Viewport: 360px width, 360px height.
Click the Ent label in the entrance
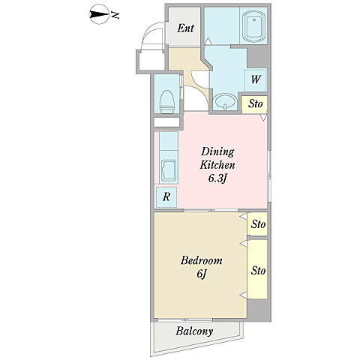tap(185, 28)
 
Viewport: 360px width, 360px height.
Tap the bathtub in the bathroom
tap(253, 26)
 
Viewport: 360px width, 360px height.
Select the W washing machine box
tap(256, 80)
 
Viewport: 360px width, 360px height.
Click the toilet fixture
tap(167, 102)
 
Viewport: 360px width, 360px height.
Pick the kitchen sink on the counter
tap(169, 171)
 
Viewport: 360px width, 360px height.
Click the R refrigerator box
tap(166, 197)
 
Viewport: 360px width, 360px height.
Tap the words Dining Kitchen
tap(217, 158)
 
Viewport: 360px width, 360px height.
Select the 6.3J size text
tap(217, 178)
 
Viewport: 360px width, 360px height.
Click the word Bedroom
tap(201, 260)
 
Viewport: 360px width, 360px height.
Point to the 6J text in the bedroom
tap(201, 274)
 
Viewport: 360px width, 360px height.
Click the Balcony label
tap(194, 331)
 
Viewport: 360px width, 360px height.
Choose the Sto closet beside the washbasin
tap(255, 103)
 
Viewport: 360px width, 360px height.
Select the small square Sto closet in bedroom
tap(258, 223)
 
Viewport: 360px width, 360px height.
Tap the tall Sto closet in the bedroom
tap(258, 269)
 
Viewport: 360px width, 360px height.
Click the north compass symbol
tap(99, 15)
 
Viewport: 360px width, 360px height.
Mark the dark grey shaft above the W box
tap(257, 56)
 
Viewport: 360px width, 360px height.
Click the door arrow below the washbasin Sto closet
tap(263, 117)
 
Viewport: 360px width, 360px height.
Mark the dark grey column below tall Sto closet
tap(258, 309)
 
